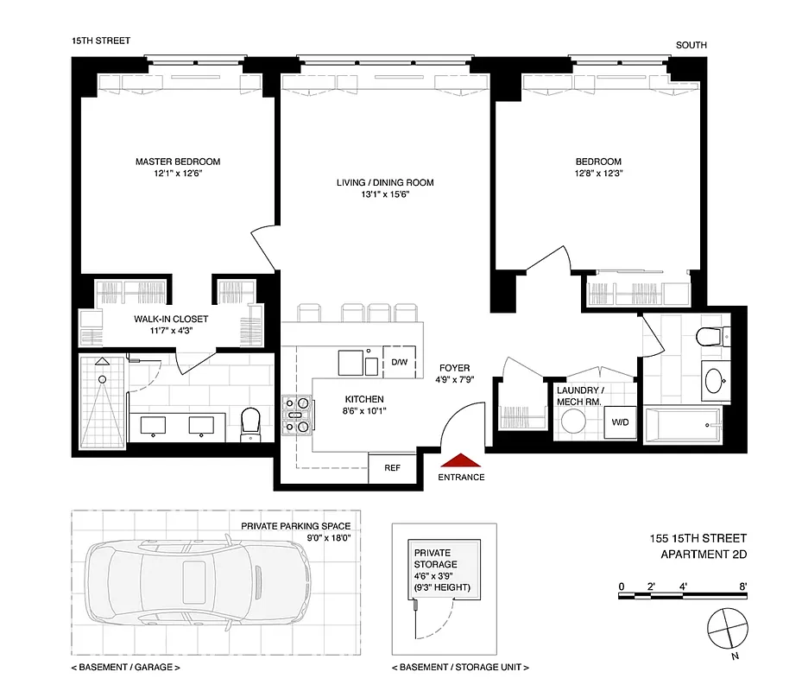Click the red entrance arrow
point(460,461)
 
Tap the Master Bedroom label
point(177,162)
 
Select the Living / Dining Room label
point(385,182)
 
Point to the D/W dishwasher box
point(399,362)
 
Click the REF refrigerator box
point(392,468)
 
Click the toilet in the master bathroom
point(251,422)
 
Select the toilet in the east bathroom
point(710,335)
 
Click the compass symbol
point(726,628)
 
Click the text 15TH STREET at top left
point(101,41)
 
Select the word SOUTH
point(691,45)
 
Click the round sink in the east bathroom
point(713,380)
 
